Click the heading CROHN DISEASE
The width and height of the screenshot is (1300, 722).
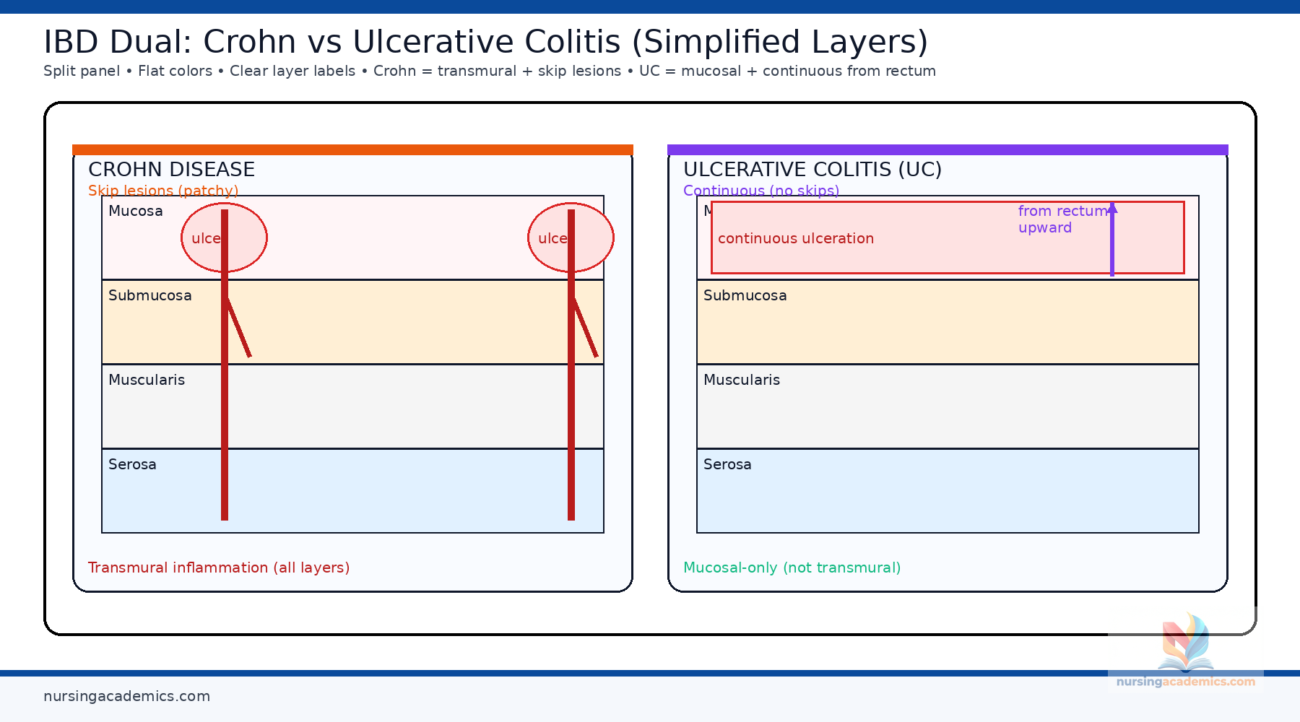pos(171,170)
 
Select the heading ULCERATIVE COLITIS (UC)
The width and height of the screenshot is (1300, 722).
pos(812,170)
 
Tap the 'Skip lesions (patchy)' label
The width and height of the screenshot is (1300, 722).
pos(163,191)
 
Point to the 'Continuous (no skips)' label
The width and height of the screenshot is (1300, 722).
pos(760,191)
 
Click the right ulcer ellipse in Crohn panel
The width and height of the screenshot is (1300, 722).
pos(592,238)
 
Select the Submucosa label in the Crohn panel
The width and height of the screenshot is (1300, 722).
pos(149,295)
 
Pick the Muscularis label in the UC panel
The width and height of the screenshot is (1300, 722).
pos(741,380)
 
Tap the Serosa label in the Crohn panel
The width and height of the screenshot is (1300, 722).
pos(132,464)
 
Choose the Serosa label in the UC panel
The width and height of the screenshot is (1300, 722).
pos(727,464)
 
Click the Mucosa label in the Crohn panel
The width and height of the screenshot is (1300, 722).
pos(135,211)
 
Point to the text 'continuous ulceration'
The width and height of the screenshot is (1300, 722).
pos(795,238)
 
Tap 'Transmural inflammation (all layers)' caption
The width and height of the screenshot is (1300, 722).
pos(218,567)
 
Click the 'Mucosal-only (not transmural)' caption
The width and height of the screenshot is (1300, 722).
pos(792,567)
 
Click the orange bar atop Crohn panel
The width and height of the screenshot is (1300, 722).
pos(352,149)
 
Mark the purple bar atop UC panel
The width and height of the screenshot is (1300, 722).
pos(948,149)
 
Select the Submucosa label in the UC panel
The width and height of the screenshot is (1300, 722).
pos(745,295)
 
